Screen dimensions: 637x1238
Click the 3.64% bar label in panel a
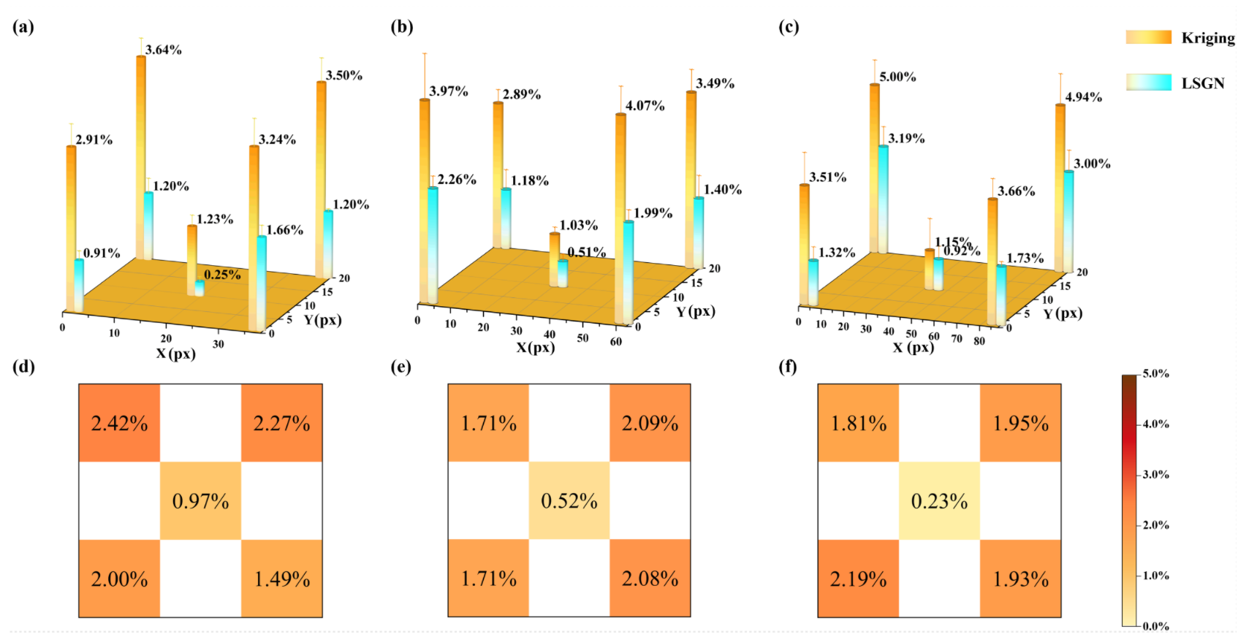pos(164,50)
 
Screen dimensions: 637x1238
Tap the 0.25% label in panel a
pos(222,275)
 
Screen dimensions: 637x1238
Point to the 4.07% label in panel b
pos(645,106)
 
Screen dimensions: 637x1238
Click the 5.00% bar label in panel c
pos(897,77)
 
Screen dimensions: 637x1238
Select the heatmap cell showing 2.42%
pos(119,423)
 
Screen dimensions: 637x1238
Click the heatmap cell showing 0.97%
pos(200,501)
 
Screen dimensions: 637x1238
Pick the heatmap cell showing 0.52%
pos(569,501)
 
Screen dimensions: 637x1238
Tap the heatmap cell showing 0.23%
pos(939,501)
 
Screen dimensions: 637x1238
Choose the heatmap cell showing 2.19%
pos(858,579)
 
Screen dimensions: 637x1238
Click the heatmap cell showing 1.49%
pos(281,579)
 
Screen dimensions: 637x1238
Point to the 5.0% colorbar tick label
pos(1155,373)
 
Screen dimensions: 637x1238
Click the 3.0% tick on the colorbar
pos(1155,474)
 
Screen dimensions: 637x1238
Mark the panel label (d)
pos(23,366)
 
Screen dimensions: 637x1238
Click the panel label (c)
pos(789,27)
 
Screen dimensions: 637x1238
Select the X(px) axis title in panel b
pos(535,348)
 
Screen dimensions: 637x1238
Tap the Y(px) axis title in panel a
pos(322,320)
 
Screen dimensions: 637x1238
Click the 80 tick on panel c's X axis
pos(979,341)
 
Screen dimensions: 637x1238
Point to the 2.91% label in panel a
pos(94,140)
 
